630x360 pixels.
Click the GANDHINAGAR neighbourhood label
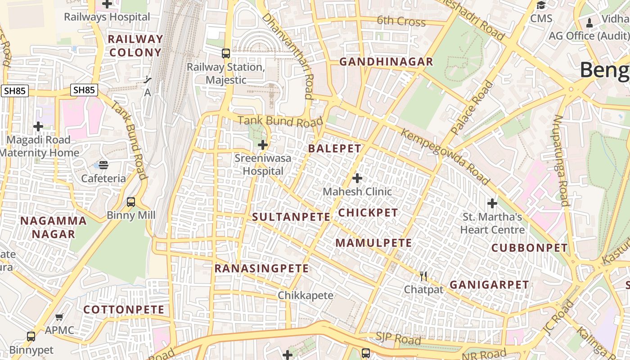[x=386, y=62]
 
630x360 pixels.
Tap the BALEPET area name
[x=335, y=148]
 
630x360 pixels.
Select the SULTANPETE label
[x=291, y=217]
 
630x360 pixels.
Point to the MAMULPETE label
[x=374, y=243]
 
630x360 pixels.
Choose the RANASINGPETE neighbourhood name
[x=261, y=269]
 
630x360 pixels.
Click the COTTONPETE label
[x=124, y=310]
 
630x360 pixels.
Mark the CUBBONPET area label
[x=530, y=248]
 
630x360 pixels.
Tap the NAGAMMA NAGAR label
[x=54, y=227]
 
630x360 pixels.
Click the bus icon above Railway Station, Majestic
[x=226, y=54]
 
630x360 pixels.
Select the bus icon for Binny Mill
[x=131, y=202]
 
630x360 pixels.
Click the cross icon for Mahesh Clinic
[x=357, y=179]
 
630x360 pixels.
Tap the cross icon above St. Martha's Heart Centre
[x=492, y=203]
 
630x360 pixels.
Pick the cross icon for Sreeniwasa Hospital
[x=263, y=145]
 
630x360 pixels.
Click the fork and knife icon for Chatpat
[x=423, y=276]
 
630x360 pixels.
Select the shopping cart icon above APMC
[x=59, y=317]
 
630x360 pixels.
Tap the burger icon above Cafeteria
[x=103, y=165]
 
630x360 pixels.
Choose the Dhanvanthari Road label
[x=288, y=55]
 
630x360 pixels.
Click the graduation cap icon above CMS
[x=541, y=5]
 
